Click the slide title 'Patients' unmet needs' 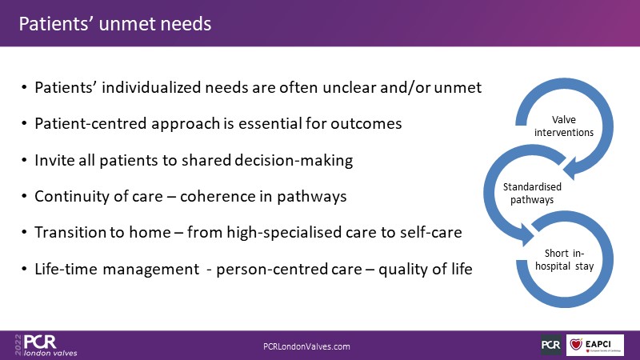pos(115,24)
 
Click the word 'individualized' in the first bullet pos(151,87)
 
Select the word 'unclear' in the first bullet pos(349,87)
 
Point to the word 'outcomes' pos(366,124)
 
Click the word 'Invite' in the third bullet pos(54,160)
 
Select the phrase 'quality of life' pos(426,269)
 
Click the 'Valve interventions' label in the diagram pos(564,126)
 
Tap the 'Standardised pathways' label pos(532,193)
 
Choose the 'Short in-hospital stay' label pos(564,259)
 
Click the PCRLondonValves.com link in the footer pos(306,346)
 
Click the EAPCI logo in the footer pos(594,345)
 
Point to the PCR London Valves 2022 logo pos(46,346)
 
